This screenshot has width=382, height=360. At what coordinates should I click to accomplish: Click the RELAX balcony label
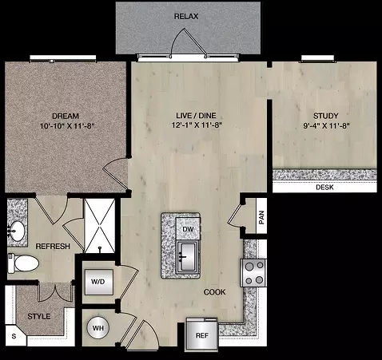pos(186,17)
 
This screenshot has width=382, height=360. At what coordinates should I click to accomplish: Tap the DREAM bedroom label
pos(66,117)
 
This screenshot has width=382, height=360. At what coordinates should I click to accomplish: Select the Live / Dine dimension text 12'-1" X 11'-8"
pos(197,125)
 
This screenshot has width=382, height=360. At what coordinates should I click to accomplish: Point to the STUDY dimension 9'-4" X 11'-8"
pos(326,125)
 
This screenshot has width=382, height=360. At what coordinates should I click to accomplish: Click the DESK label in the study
pos(324,188)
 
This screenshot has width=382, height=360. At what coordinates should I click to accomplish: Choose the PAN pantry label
pos(261,217)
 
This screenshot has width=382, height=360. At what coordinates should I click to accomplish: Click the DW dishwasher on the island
pos(188,228)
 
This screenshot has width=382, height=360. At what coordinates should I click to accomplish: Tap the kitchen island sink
pos(188,257)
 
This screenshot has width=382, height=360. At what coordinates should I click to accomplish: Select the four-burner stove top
pos(253,273)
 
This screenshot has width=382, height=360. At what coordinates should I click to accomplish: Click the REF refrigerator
pos(202,335)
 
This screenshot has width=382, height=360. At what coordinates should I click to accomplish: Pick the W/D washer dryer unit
pos(99,282)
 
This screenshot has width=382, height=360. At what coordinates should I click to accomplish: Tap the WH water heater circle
pos(97,328)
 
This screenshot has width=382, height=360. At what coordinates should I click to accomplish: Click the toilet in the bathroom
pos(23,263)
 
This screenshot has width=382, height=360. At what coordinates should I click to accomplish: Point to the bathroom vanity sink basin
pos(17,230)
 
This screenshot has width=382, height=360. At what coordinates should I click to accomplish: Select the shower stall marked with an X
pos(100,226)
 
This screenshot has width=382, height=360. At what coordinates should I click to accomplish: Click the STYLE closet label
pos(39,316)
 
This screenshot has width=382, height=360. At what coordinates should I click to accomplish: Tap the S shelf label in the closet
pos(14,336)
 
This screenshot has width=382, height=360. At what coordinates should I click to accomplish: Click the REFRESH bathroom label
pos(53,247)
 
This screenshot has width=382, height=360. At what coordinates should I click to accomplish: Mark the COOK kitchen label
pos(215,292)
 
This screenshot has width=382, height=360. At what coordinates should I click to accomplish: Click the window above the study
pos(317,59)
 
